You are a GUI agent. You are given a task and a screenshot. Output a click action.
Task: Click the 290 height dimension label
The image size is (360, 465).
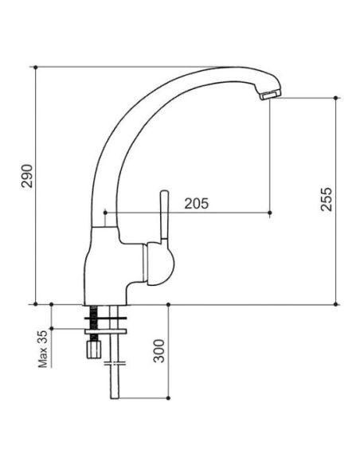[x=27, y=175]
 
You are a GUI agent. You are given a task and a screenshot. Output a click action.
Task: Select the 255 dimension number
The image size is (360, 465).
[x=327, y=199]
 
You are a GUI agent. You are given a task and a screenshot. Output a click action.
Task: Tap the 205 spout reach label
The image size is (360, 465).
[x=196, y=204]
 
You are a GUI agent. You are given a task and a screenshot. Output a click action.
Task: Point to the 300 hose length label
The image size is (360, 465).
[x=159, y=351]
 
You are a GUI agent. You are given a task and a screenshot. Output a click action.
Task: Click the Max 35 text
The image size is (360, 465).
[x=43, y=349]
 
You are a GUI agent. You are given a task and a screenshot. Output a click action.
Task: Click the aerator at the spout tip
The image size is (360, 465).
[x=270, y=96]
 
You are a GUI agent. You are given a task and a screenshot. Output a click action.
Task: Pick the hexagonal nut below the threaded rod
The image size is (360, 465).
[x=94, y=350]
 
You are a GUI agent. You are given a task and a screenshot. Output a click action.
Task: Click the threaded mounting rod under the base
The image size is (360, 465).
[x=94, y=322]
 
